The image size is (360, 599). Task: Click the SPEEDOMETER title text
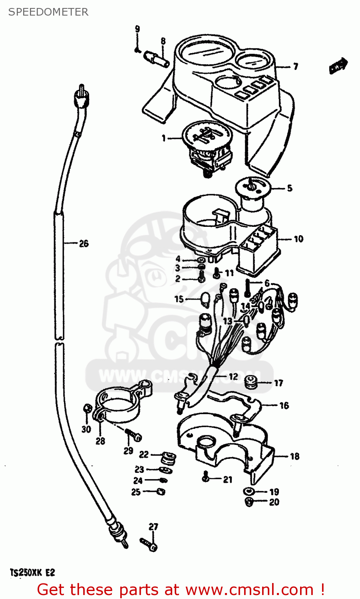48,12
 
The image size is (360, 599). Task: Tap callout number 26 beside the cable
84,243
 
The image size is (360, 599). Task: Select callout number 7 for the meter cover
295,66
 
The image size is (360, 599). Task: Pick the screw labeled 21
206,476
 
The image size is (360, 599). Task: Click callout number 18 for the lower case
294,456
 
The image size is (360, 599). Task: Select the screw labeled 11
216,273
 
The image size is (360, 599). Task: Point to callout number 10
298,239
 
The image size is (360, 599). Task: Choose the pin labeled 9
137,50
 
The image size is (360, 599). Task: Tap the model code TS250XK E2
32,573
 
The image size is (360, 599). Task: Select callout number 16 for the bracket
284,405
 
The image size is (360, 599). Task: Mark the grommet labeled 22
169,458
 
